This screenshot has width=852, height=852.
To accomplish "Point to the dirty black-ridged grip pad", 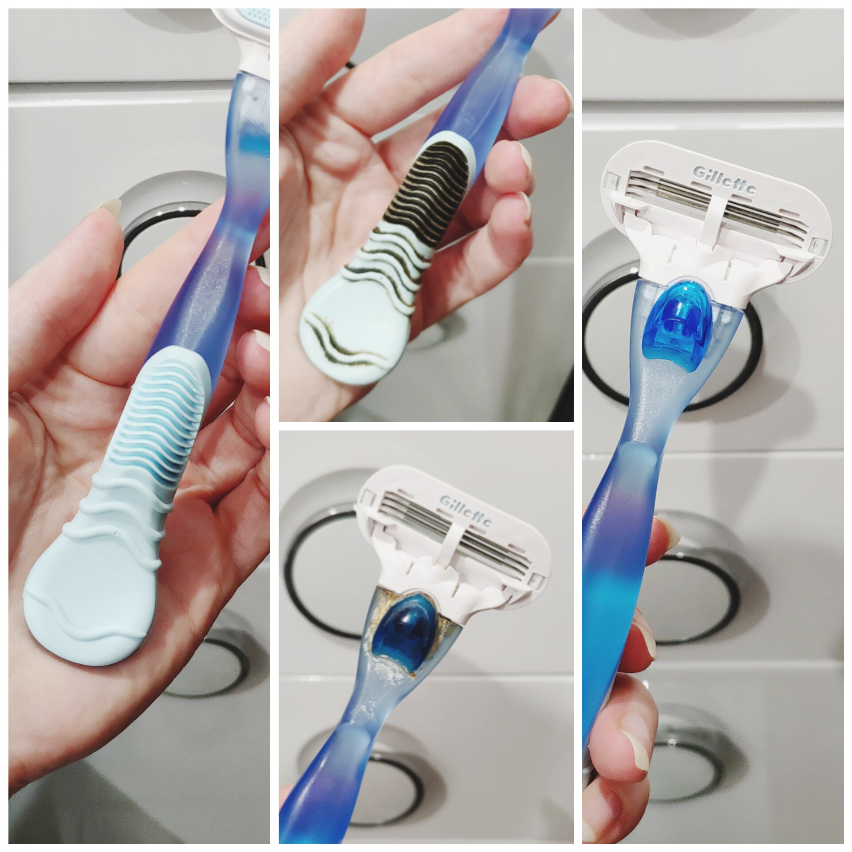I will coord(426,195).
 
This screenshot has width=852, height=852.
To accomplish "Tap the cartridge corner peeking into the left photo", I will coord(248,27).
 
